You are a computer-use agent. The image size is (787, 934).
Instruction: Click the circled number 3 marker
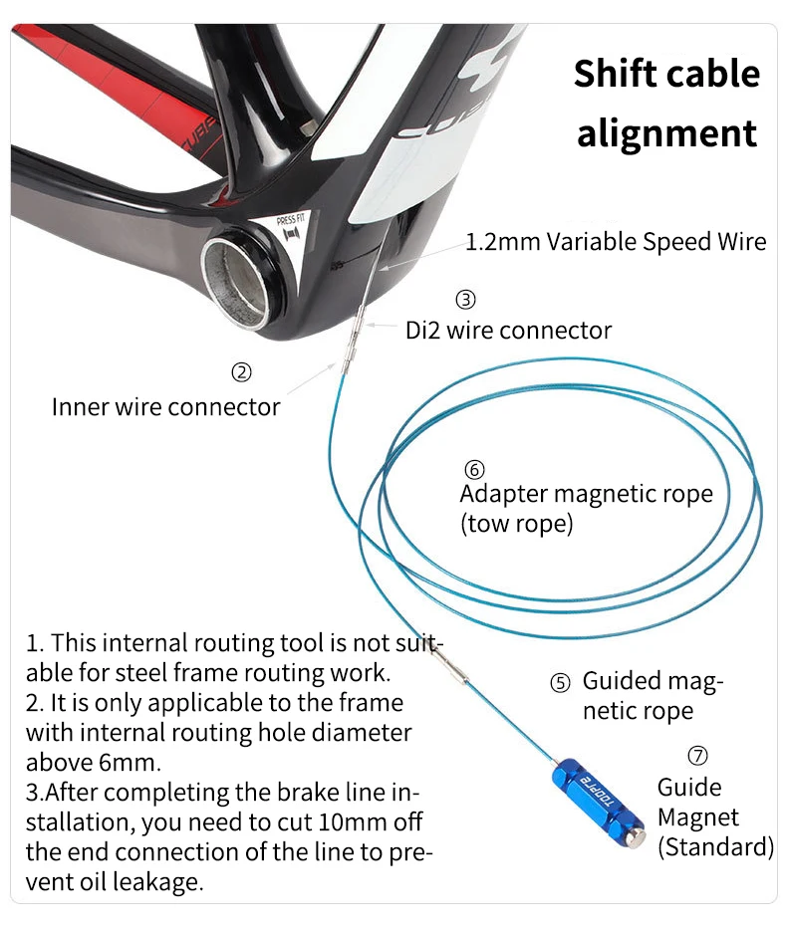pos(465,299)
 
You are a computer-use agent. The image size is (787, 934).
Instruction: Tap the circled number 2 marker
pos(241,373)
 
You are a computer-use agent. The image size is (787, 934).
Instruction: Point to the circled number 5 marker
pos(561,683)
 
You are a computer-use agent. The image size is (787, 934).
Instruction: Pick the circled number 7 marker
pos(698,756)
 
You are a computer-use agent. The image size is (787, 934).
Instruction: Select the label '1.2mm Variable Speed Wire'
pos(616,241)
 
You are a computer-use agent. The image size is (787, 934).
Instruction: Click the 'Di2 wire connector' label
pos(508,330)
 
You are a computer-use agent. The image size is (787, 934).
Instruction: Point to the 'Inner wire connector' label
pos(165,406)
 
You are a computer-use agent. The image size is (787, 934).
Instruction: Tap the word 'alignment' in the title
pos(666,133)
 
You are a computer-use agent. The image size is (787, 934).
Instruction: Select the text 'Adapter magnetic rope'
pos(586,494)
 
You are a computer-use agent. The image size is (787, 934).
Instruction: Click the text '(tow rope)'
pos(516,524)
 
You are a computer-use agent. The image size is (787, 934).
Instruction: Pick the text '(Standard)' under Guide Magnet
pos(715,847)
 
